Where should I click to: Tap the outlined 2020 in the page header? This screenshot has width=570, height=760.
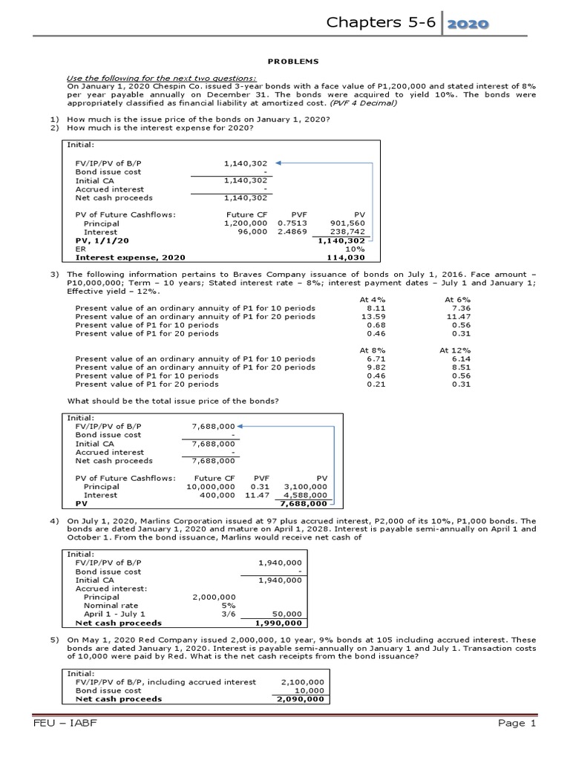[x=467, y=24]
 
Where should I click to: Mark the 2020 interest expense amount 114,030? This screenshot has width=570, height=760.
[x=347, y=258]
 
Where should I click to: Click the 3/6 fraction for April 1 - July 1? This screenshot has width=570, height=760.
[x=229, y=614]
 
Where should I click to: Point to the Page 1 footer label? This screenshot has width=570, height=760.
[x=511, y=723]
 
